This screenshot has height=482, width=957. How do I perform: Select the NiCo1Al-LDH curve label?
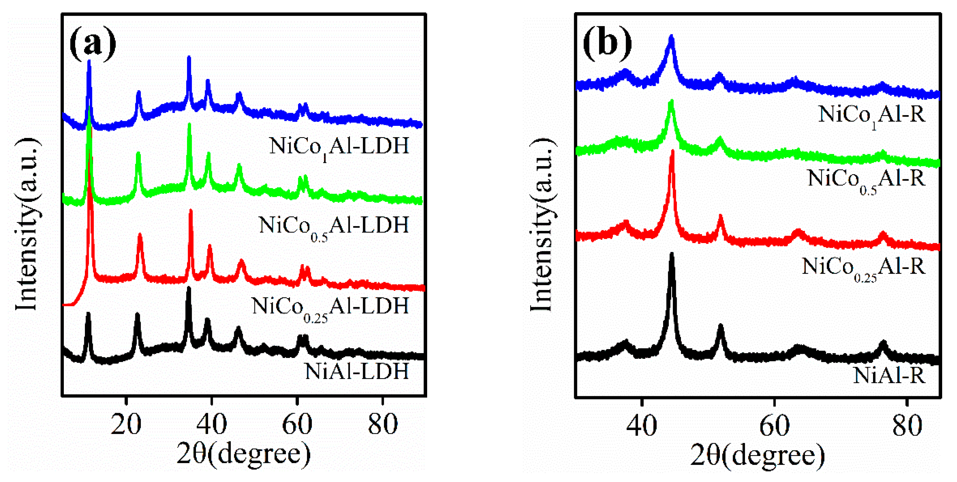pyautogui.click(x=339, y=147)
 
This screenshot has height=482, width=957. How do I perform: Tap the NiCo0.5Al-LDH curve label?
pyautogui.click(x=334, y=226)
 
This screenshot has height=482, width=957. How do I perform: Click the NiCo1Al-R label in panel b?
pyautogui.click(x=872, y=115)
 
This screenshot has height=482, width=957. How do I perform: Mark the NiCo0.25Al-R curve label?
pyautogui.click(x=863, y=267)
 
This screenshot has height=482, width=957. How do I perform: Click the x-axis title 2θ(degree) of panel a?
pyautogui.click(x=243, y=454)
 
